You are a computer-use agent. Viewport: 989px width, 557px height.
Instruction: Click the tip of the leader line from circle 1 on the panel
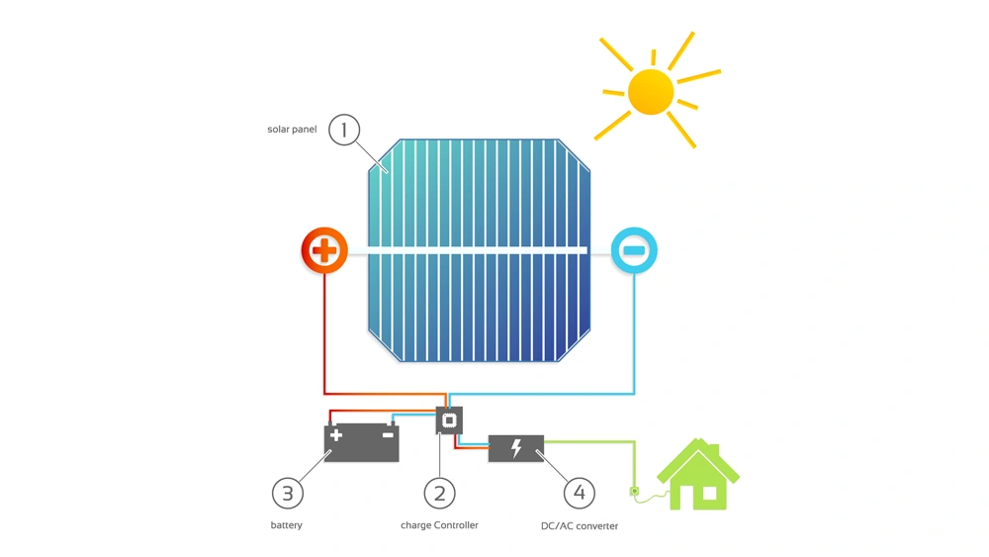pos(388,172)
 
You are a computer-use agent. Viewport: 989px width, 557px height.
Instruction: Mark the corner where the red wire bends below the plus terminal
pos(324,393)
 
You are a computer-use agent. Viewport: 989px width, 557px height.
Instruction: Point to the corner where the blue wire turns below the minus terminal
pos(634,394)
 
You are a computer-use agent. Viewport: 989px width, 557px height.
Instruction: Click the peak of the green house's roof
pos(697,439)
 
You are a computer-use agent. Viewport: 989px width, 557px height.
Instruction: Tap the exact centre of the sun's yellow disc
pos(651,92)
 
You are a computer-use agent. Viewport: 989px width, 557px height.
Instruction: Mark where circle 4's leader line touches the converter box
pos(537,452)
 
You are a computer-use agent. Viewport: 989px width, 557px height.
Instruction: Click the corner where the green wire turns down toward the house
pos(634,442)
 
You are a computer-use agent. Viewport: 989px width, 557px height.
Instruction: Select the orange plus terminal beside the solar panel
pos(324,250)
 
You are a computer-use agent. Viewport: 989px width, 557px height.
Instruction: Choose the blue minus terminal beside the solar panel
pos(634,250)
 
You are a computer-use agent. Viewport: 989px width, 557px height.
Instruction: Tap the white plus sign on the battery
pos(336,434)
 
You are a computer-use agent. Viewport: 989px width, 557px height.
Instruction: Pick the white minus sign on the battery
pos(388,434)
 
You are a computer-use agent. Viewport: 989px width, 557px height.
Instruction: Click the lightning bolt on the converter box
pos(516,448)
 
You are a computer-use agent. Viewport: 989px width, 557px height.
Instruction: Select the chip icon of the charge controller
pos(449,420)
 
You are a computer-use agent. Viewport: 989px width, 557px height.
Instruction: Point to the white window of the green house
pos(709,494)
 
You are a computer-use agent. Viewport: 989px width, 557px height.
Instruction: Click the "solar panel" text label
pos(292,130)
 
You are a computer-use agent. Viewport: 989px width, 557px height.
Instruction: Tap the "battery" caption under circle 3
pos(287,524)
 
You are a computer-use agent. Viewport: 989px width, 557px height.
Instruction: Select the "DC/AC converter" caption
pos(579,525)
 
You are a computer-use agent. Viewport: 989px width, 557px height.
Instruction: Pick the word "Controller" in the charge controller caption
pos(456,524)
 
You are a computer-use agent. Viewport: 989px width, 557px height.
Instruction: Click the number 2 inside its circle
pos(440,494)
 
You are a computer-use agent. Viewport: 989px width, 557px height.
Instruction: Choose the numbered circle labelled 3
pos(288,494)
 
